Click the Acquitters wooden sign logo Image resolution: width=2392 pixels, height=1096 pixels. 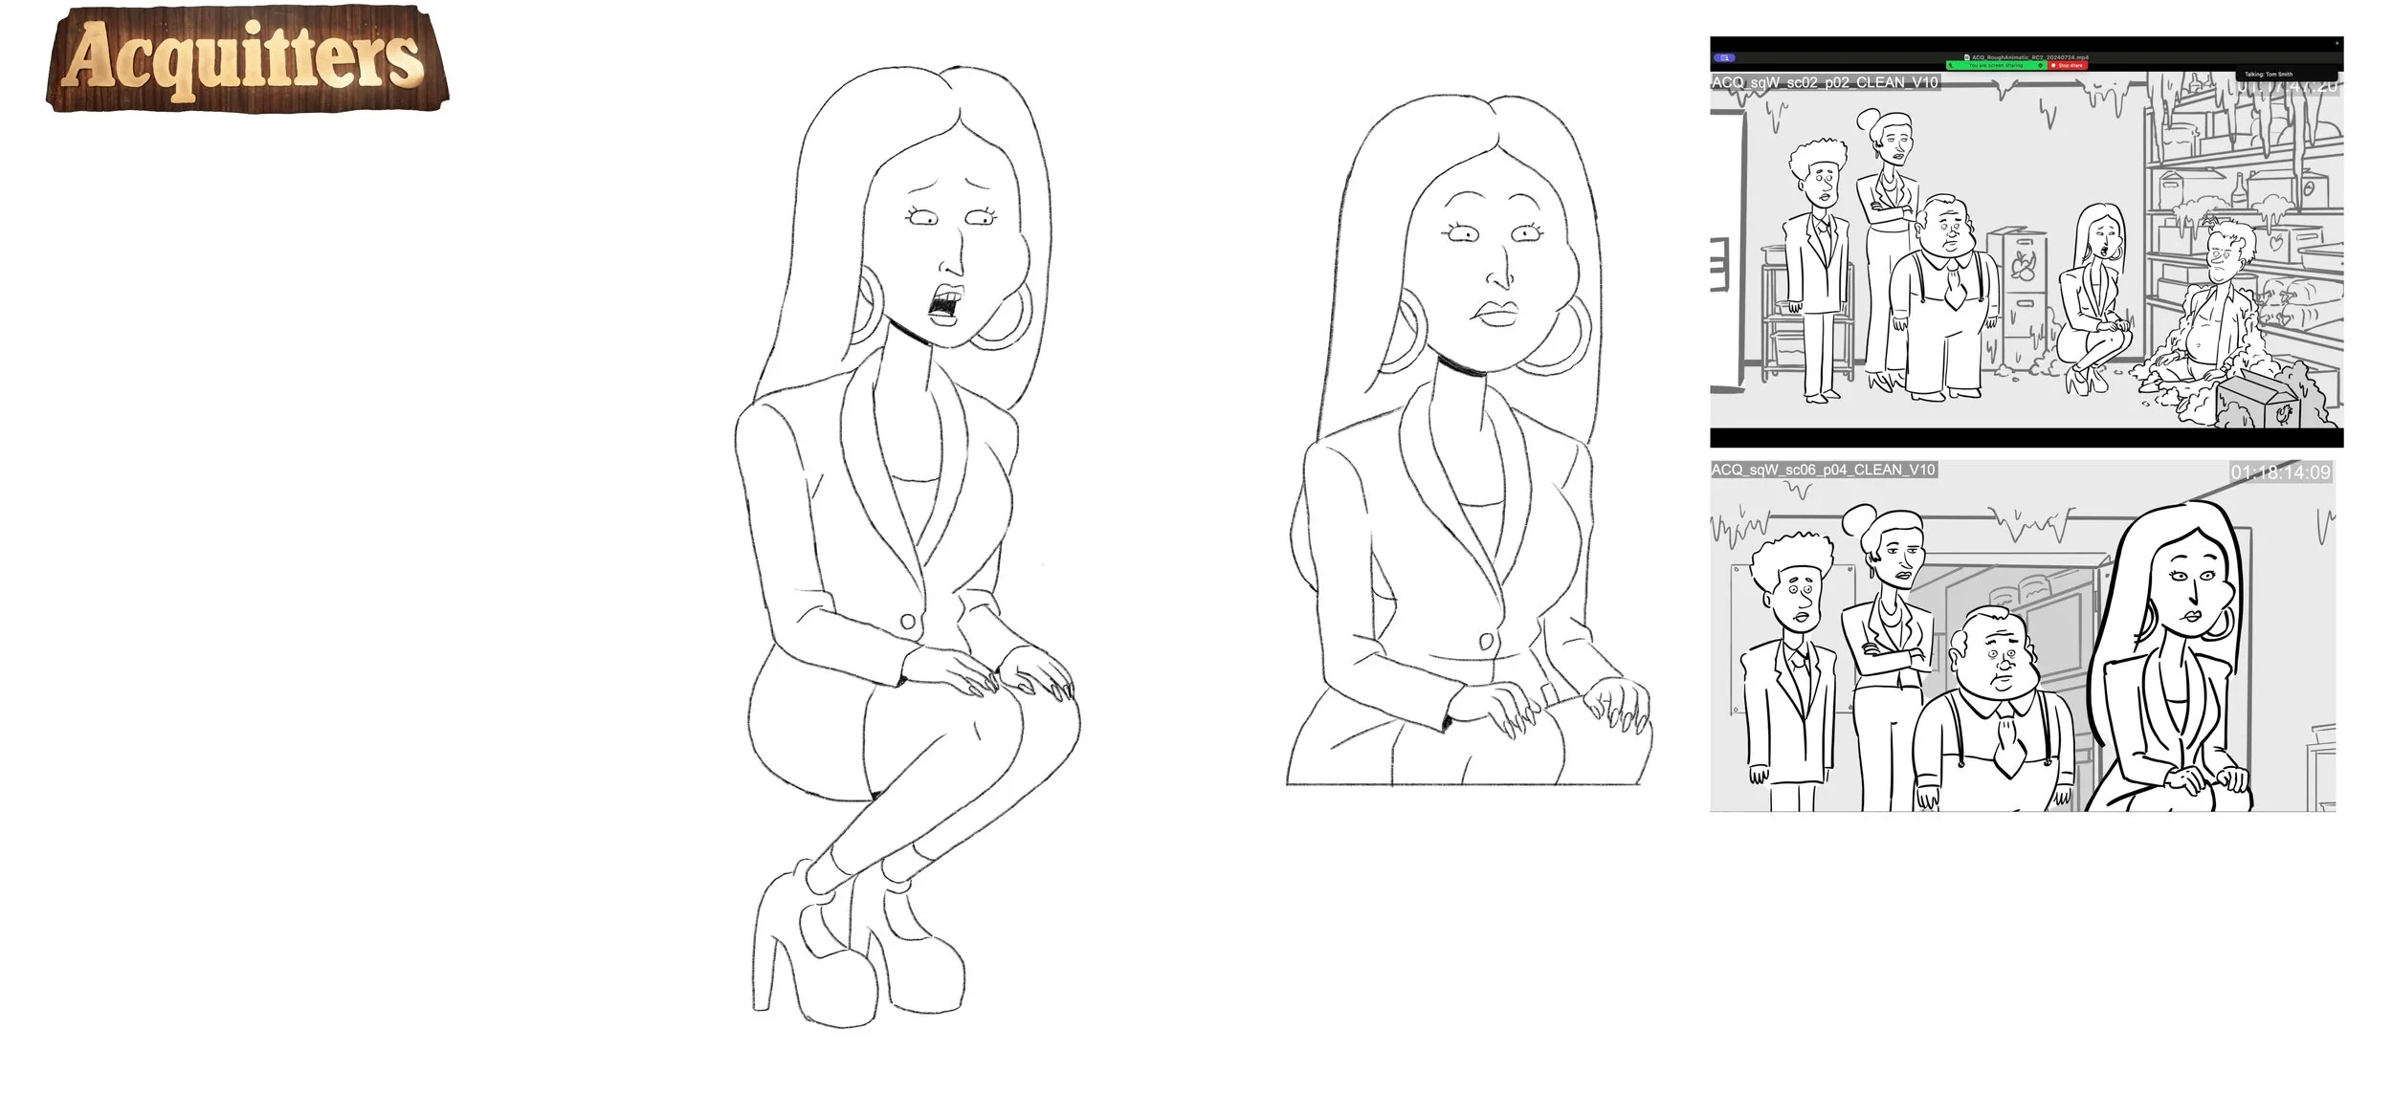tap(245, 59)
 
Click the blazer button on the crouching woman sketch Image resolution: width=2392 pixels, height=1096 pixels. tap(908, 623)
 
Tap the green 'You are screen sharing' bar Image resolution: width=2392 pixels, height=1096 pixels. tap(1995, 65)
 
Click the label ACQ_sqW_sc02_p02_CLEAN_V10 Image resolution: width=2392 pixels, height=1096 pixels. tap(1825, 83)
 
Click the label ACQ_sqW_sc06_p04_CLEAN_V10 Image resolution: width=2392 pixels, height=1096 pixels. tap(1823, 470)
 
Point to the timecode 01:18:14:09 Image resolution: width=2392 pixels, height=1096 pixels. tap(2280, 472)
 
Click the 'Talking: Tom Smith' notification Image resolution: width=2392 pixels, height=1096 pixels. tap(2287, 74)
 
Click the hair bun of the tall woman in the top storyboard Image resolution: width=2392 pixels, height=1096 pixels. tap(1869, 119)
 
